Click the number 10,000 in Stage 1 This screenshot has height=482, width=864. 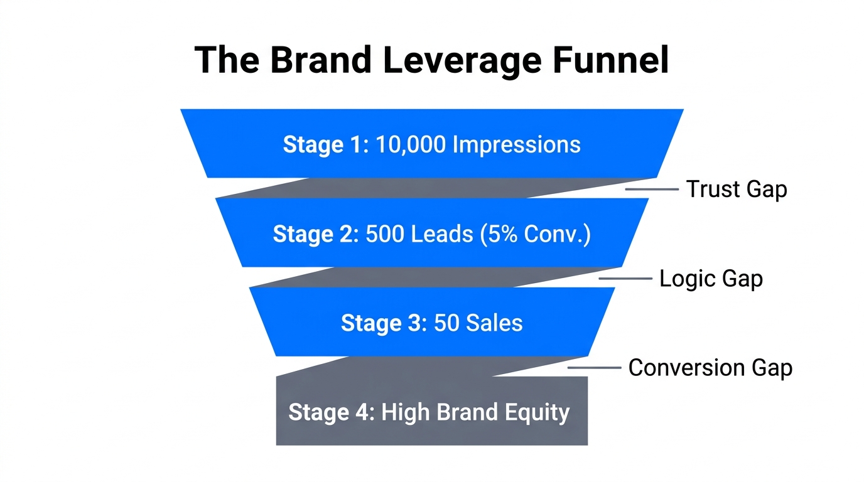tap(410, 145)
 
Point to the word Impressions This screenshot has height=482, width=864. tap(516, 145)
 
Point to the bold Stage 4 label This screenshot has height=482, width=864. tap(331, 412)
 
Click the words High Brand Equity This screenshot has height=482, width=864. tap(475, 412)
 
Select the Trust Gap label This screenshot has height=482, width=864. tap(736, 189)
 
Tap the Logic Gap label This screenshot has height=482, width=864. tap(711, 278)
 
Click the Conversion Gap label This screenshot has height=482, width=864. tap(710, 368)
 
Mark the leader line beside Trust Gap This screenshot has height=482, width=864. tap(651, 188)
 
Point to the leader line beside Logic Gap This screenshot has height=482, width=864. tap(625, 278)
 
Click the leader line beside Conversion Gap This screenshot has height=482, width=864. tap(594, 368)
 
